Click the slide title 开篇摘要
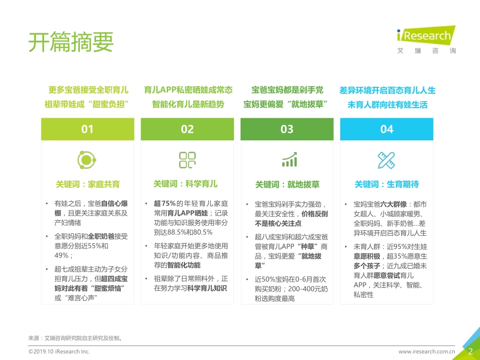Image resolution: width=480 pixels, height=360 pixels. [x=71, y=42]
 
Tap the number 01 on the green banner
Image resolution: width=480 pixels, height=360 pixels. [x=87, y=129]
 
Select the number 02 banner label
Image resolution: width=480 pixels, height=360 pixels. [x=187, y=129]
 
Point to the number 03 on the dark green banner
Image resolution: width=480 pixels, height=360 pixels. [x=287, y=129]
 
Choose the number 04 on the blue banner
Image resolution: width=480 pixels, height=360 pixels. [x=387, y=129]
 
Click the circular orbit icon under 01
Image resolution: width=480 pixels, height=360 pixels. [x=87, y=160]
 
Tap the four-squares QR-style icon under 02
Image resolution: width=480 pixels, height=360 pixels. [x=187, y=160]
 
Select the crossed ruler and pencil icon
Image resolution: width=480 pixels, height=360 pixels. [x=387, y=160]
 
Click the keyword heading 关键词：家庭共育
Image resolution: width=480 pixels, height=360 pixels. [x=87, y=184]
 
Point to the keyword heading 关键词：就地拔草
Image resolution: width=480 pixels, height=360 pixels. [x=287, y=184]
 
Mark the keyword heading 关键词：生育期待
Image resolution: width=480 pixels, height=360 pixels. [x=387, y=184]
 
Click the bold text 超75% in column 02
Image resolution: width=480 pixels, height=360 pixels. [x=165, y=203]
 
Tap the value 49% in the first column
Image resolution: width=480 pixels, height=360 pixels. [x=62, y=255]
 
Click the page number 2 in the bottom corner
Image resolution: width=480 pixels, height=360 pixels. [x=470, y=351]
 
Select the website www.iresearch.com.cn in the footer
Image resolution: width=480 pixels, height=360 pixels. [x=426, y=351]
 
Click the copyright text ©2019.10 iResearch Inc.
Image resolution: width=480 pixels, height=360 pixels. [x=59, y=351]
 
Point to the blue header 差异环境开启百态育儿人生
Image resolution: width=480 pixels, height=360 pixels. [x=388, y=90]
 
